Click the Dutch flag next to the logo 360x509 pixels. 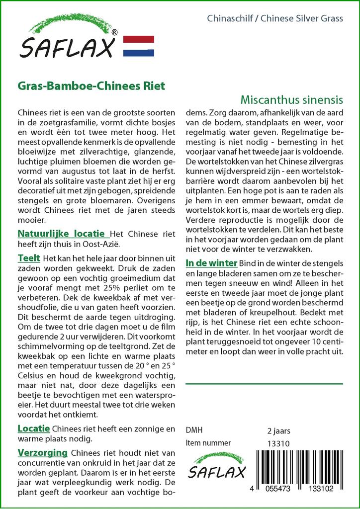click(x=138, y=46)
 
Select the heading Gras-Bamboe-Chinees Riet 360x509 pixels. click(x=91, y=85)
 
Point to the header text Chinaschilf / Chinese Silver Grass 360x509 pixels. click(x=274, y=19)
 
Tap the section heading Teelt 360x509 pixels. click(x=28, y=258)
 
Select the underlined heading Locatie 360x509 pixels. click(x=33, y=428)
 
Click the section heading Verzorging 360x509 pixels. click(x=42, y=453)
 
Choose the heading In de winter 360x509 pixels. click(x=211, y=263)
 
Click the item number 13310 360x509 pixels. click(x=278, y=443)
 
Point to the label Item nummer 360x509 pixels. click(x=208, y=443)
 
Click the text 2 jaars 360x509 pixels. click(x=278, y=431)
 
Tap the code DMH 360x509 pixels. click(x=194, y=430)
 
